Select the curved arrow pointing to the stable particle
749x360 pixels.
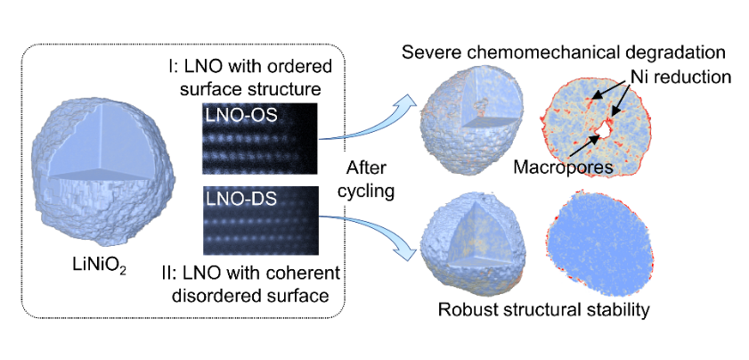[x=374, y=236]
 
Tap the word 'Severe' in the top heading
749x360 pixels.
[x=427, y=51]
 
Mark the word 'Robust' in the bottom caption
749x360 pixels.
[x=464, y=311]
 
